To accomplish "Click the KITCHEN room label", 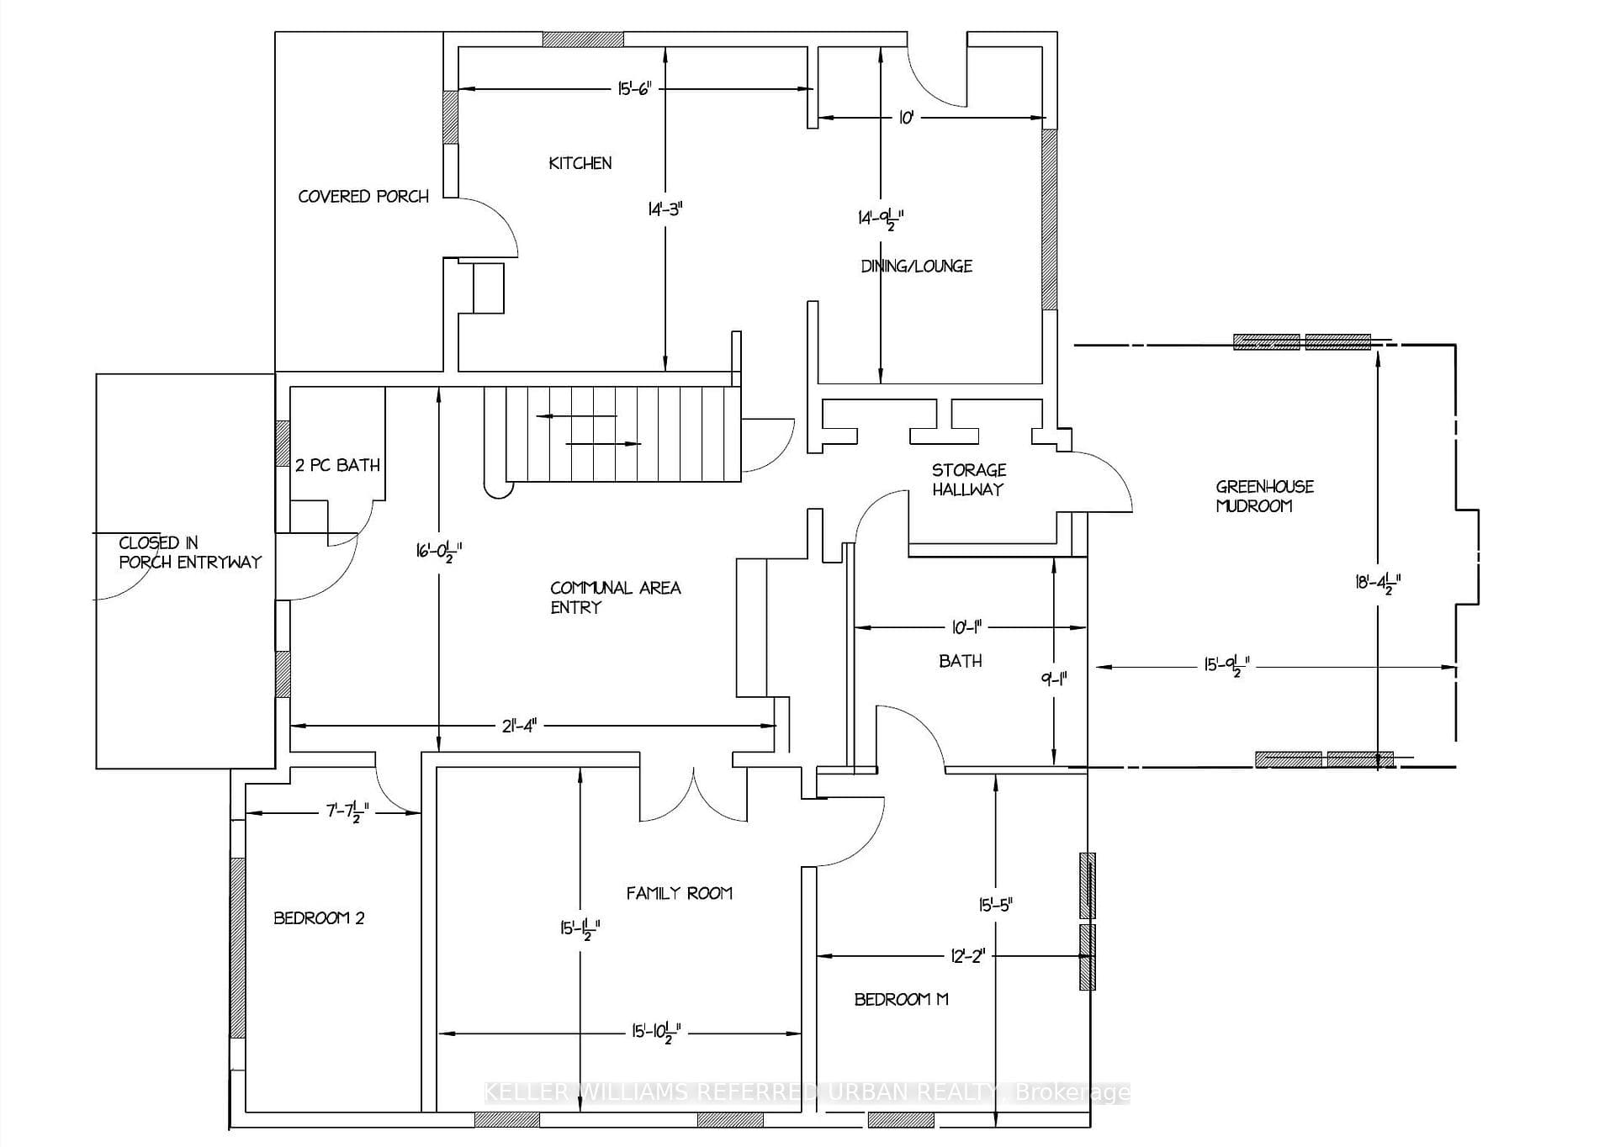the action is point(580,163).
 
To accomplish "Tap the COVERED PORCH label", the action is point(363,196).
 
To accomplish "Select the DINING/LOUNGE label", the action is point(916,266).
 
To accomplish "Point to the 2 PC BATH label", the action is point(337,465).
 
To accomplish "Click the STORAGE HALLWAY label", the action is point(968,479).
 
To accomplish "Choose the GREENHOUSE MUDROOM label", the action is point(1264,496).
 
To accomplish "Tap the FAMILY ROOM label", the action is point(679,893).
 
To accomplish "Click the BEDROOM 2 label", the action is point(319,917).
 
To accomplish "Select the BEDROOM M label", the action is point(901,999).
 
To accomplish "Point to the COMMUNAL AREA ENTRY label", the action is point(615,597).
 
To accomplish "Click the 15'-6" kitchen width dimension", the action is point(635,89).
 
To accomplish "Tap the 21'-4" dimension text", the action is point(519,726).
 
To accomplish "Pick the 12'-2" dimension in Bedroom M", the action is point(967,956).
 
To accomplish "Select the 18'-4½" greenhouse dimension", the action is point(1378,584).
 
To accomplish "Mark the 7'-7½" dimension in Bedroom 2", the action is point(347,813).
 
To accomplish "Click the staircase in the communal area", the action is point(612,434).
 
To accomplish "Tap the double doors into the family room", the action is point(693,794).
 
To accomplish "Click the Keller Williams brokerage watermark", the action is point(807,1092).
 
